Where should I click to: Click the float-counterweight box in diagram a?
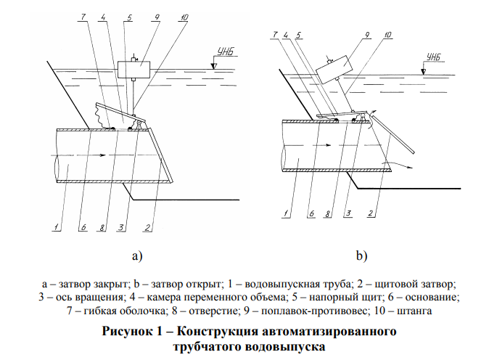134,70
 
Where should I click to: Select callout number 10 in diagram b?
388,34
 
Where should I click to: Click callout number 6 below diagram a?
84,227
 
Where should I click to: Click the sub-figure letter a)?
136,255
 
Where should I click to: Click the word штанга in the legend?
416,311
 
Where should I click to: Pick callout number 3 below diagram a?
121,227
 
